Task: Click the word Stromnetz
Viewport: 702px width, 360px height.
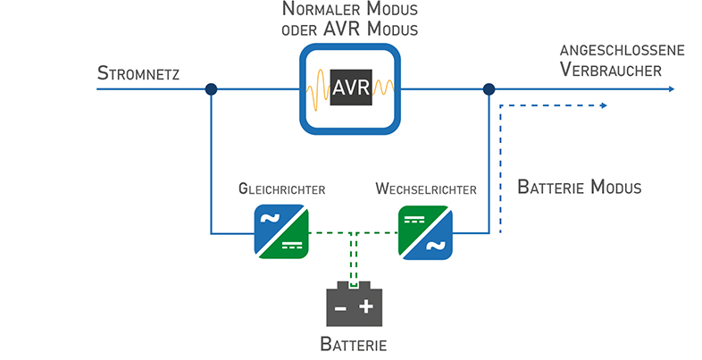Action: (138, 72)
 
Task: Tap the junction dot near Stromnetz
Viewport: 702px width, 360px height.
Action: (211, 89)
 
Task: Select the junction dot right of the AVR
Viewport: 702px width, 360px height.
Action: (489, 89)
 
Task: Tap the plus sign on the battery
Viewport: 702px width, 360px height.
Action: (366, 307)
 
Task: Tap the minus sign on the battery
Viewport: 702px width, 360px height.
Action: (339, 308)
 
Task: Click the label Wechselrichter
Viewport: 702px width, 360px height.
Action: (426, 190)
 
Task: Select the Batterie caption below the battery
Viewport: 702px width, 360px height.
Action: (353, 344)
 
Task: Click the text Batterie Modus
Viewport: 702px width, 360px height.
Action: (580, 188)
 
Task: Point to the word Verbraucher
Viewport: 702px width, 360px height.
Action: (612, 70)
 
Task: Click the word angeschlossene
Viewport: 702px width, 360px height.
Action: (622, 50)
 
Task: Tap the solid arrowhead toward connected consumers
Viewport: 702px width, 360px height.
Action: (671, 89)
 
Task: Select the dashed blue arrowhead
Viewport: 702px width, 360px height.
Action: (605, 105)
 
